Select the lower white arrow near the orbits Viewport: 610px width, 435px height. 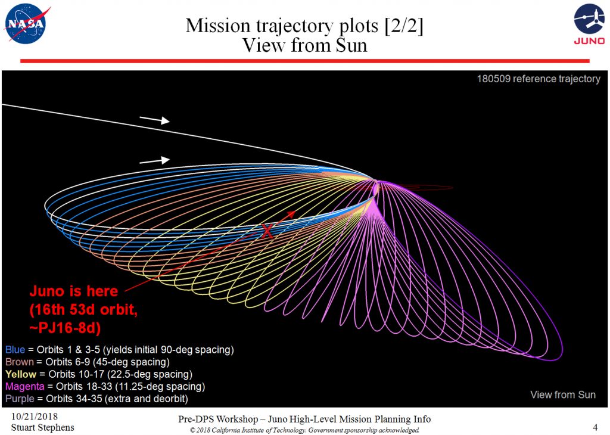[x=154, y=160]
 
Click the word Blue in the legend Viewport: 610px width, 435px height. [x=15, y=349]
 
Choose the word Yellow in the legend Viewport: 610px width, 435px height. [x=20, y=374]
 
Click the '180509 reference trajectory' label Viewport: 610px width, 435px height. [x=538, y=79]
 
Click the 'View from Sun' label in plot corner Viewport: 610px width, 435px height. [x=563, y=394]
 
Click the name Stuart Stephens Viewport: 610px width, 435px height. [x=43, y=427]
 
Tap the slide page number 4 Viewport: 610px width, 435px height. [x=595, y=427]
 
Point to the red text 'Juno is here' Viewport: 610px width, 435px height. [x=74, y=292]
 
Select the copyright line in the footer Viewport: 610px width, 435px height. [x=304, y=430]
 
